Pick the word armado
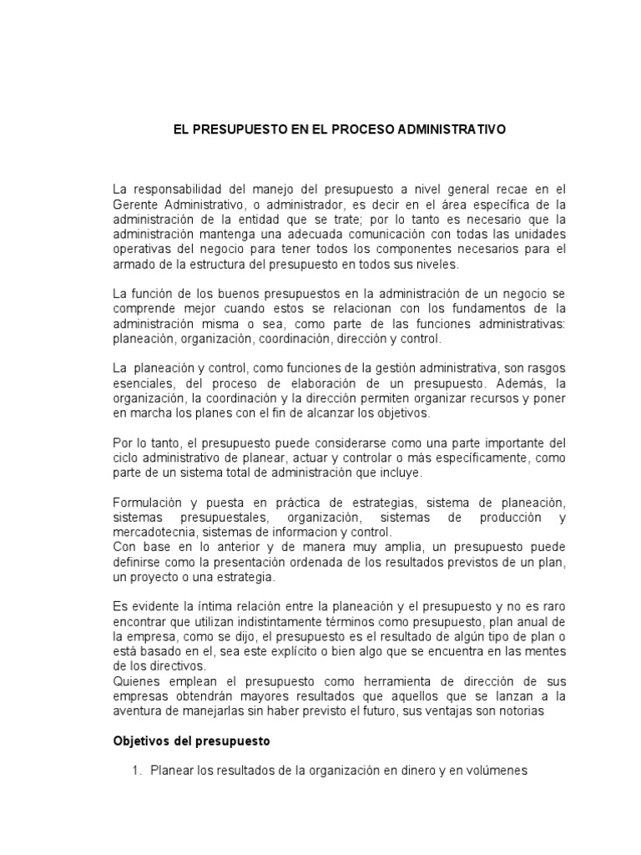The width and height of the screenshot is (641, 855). coord(131,263)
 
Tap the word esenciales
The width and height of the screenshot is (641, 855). coord(139,383)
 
